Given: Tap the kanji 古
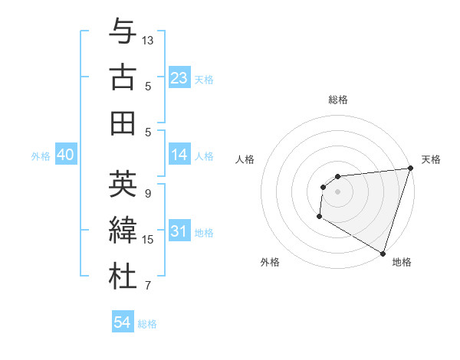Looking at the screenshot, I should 123,78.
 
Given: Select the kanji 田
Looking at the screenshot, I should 123,123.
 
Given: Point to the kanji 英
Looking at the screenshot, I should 123,185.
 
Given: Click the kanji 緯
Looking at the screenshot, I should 123,231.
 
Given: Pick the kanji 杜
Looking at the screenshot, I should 123,277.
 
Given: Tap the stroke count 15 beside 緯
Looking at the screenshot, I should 149,239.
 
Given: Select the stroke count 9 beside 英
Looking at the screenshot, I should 148,193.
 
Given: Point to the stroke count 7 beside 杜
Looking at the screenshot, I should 148,286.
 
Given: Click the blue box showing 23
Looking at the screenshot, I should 179,77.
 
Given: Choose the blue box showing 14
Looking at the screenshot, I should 179,155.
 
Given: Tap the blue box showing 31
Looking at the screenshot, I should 179,231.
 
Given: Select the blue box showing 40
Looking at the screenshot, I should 65,155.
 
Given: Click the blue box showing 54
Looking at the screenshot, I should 123,323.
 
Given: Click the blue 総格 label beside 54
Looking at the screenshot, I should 147,324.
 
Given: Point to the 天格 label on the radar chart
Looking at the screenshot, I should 431,159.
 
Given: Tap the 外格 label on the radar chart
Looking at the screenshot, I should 270,262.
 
